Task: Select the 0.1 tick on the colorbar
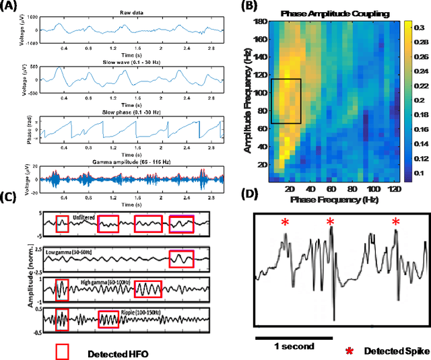point(417,174)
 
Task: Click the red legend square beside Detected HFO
point(63,352)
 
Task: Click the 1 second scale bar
point(294,337)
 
